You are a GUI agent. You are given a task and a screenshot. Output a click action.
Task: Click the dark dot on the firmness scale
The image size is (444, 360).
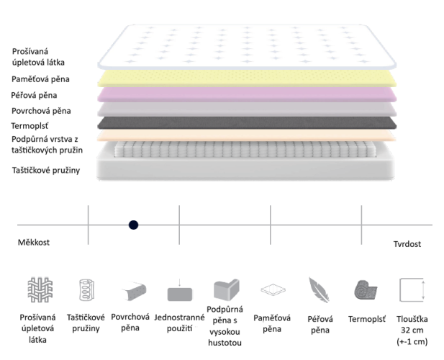click(133, 225)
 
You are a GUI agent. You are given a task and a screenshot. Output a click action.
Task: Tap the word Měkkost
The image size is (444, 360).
click(34, 242)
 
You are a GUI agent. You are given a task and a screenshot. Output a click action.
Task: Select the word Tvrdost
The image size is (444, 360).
click(407, 244)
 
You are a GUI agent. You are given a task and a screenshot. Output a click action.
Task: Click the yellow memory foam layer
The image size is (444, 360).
click(247, 78)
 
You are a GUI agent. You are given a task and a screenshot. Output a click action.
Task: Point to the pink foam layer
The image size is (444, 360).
click(247, 94)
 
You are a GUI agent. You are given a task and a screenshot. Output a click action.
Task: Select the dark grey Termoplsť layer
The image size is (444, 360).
click(247, 123)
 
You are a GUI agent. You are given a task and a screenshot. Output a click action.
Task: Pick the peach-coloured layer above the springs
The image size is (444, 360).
click(247, 135)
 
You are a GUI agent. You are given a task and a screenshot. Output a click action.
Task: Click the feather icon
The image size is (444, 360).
click(319, 289)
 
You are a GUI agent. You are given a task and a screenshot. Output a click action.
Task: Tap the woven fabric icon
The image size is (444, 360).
click(40, 289)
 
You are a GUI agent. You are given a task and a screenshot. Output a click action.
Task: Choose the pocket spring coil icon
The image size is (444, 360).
click(86, 290)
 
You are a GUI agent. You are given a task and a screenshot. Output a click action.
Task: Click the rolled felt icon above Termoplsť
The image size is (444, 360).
click(366, 289)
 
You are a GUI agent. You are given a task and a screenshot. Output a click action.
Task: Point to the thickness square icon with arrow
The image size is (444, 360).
click(412, 289)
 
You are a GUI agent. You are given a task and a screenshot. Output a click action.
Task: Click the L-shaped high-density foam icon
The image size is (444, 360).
click(227, 289)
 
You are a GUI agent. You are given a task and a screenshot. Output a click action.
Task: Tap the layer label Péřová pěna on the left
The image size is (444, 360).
click(34, 95)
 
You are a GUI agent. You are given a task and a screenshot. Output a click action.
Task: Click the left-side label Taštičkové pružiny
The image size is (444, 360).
click(46, 170)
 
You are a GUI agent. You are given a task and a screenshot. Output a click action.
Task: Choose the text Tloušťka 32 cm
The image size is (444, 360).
click(412, 325)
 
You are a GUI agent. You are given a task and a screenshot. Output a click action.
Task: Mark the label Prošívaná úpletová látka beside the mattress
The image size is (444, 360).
click(38, 57)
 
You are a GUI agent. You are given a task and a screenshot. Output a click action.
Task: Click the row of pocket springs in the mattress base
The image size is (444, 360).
click(245, 149)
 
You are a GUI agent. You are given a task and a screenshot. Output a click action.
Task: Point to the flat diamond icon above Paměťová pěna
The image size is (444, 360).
click(273, 289)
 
